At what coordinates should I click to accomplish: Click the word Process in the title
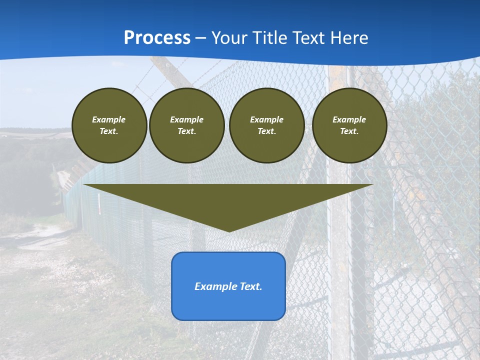(x=157, y=38)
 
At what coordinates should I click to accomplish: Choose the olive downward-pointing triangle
(x=228, y=200)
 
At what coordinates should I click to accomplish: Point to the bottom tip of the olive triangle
(x=228, y=231)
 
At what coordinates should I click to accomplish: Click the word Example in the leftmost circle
(x=109, y=119)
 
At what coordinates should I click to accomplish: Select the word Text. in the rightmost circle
(x=349, y=131)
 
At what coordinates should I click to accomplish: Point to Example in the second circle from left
(x=186, y=119)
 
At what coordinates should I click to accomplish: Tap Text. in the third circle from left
(x=266, y=131)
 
